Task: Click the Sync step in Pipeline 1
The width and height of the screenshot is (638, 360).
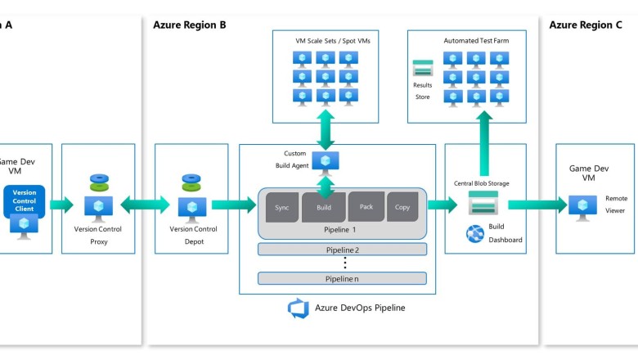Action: [x=282, y=208]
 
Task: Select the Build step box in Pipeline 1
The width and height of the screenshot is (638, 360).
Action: [x=323, y=208]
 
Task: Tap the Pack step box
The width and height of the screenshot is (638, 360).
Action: [x=366, y=207]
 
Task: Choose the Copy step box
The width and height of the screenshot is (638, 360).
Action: [x=402, y=207]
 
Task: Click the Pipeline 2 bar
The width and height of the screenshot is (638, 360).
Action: [x=342, y=250]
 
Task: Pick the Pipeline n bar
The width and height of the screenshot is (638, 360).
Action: [x=342, y=278]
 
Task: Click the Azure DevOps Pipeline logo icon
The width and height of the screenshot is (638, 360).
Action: [x=297, y=308]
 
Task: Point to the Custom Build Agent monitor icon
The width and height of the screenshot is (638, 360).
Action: [x=326, y=162]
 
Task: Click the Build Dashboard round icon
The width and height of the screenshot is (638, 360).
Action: [x=475, y=233]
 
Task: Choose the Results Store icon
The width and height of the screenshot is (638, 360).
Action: [x=423, y=69]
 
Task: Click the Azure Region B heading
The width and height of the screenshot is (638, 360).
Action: [x=189, y=25]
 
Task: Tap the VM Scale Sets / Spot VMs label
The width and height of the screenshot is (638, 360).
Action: [x=326, y=40]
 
